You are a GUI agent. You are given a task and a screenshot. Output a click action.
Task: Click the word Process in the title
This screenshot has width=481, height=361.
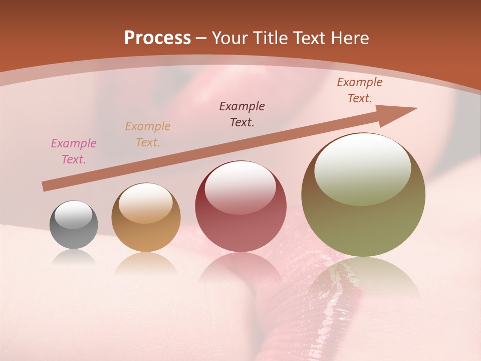pyautogui.click(x=157, y=38)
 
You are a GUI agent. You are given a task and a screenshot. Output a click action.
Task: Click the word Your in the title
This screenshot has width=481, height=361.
pyautogui.click(x=229, y=38)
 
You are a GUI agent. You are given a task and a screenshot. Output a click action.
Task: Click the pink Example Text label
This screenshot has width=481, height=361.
pyautogui.click(x=74, y=151)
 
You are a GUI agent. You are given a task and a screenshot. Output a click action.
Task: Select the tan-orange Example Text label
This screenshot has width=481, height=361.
pyautogui.click(x=148, y=134)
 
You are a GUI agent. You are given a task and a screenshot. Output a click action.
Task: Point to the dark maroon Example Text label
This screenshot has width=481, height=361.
pyautogui.click(x=242, y=114)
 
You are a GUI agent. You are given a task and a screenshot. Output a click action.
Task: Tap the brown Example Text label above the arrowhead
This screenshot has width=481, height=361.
pyautogui.click(x=360, y=90)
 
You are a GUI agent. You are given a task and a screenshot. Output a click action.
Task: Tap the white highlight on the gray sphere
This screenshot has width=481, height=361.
pyautogui.click(x=74, y=215)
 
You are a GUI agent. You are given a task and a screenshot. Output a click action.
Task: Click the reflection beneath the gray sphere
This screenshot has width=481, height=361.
pyautogui.click(x=74, y=258)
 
